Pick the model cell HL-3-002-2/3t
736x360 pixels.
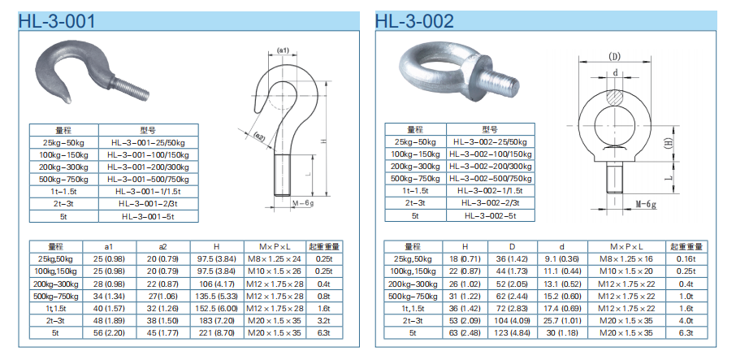point(490,202)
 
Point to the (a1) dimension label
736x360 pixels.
point(283,50)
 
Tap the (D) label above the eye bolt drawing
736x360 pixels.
point(614,56)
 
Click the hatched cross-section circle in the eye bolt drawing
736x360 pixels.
point(614,95)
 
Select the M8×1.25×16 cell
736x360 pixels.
point(626,258)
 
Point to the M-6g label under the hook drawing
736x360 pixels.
point(302,202)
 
